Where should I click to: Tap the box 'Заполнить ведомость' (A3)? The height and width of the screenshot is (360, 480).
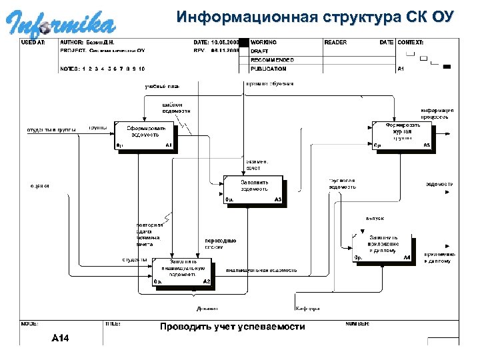pyautogui.click(x=254, y=189)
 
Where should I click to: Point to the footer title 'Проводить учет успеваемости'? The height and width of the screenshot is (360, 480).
pyautogui.click(x=232, y=327)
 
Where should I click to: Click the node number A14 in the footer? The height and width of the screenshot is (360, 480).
pyautogui.click(x=61, y=338)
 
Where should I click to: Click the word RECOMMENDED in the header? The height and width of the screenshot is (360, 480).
pyautogui.click(x=273, y=59)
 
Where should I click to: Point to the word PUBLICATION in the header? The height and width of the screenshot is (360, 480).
pyautogui.click(x=269, y=68)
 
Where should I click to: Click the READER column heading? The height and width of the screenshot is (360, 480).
pyautogui.click(x=335, y=42)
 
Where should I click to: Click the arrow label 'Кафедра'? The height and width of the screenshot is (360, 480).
pyautogui.click(x=307, y=309)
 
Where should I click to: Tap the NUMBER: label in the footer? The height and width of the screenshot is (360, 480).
pyautogui.click(x=357, y=323)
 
